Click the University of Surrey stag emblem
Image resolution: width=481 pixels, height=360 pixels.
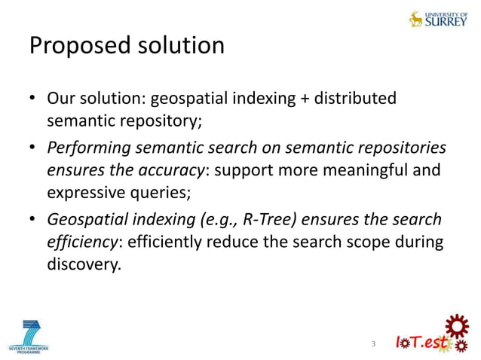point(415,19)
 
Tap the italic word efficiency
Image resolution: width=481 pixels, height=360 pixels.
point(82,243)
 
